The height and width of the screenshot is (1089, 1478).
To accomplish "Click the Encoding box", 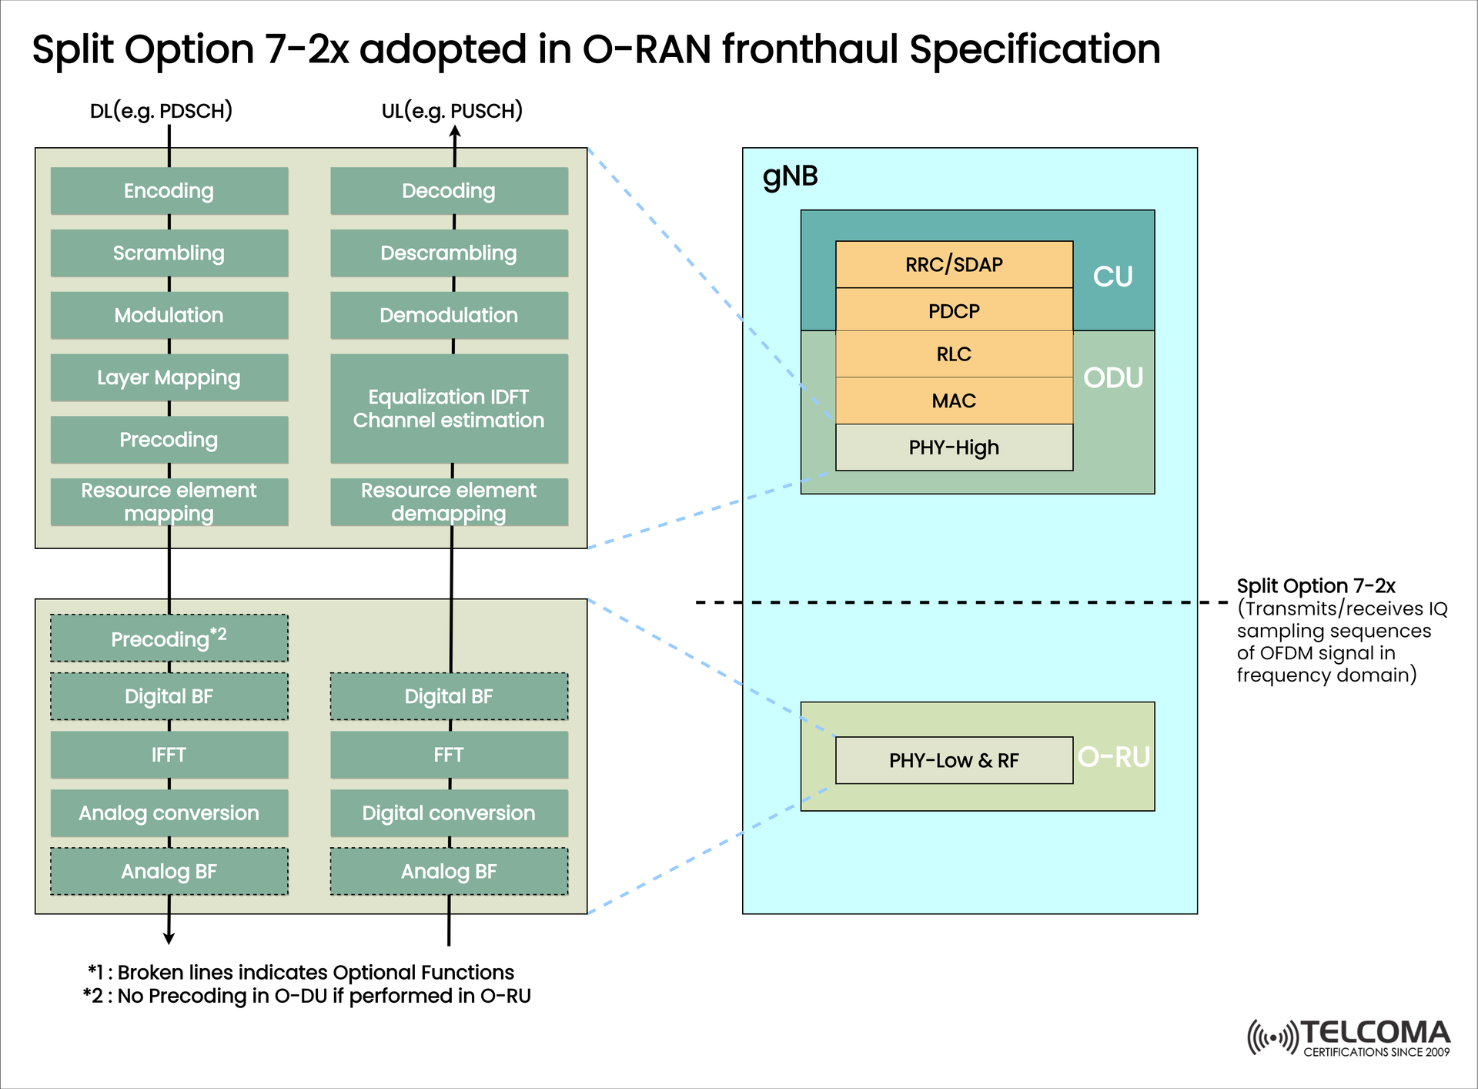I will click(169, 191).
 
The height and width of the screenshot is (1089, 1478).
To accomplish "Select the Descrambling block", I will click(449, 253).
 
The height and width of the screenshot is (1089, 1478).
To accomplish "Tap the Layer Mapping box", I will click(169, 377).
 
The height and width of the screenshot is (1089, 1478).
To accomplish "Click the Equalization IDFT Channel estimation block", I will click(449, 408).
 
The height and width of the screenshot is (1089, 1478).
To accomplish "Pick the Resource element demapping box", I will click(449, 502).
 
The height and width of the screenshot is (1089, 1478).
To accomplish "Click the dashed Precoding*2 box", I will click(169, 638).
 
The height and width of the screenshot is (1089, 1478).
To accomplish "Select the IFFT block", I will click(169, 755).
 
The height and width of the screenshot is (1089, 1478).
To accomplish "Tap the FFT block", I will click(449, 755).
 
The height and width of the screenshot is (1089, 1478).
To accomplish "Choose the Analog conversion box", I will click(169, 813).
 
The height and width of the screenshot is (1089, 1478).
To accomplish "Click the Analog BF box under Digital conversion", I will click(449, 872).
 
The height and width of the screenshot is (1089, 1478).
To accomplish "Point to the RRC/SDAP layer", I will click(954, 265).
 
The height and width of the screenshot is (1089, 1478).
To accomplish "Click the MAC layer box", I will click(954, 400).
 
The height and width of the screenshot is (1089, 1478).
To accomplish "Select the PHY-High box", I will click(954, 447).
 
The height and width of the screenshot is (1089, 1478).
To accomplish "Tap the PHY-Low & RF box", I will click(954, 761).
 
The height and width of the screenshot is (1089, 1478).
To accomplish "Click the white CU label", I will click(1112, 276).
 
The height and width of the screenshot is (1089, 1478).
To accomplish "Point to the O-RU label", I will click(1113, 757).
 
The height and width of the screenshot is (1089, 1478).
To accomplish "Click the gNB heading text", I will click(790, 176).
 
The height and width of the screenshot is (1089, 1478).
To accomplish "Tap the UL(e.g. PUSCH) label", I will click(452, 111).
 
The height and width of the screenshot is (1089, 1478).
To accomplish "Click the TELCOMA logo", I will click(1349, 1037).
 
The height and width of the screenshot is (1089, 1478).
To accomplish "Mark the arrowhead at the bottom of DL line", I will click(169, 938).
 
